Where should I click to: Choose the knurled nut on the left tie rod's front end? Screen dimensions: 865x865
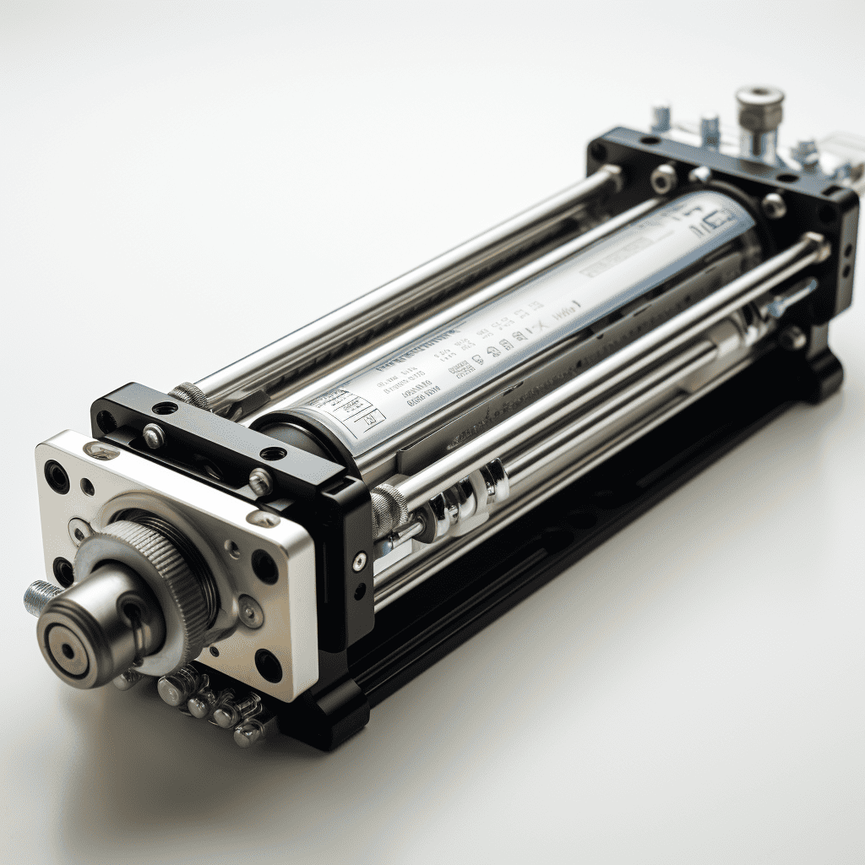(191, 395)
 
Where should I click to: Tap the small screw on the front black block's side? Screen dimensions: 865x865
(360, 562)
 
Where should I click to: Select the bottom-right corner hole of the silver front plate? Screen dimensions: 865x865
(268, 666)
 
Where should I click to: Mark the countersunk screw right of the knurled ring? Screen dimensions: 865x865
(251, 611)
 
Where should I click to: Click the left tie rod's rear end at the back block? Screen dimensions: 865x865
(610, 176)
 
